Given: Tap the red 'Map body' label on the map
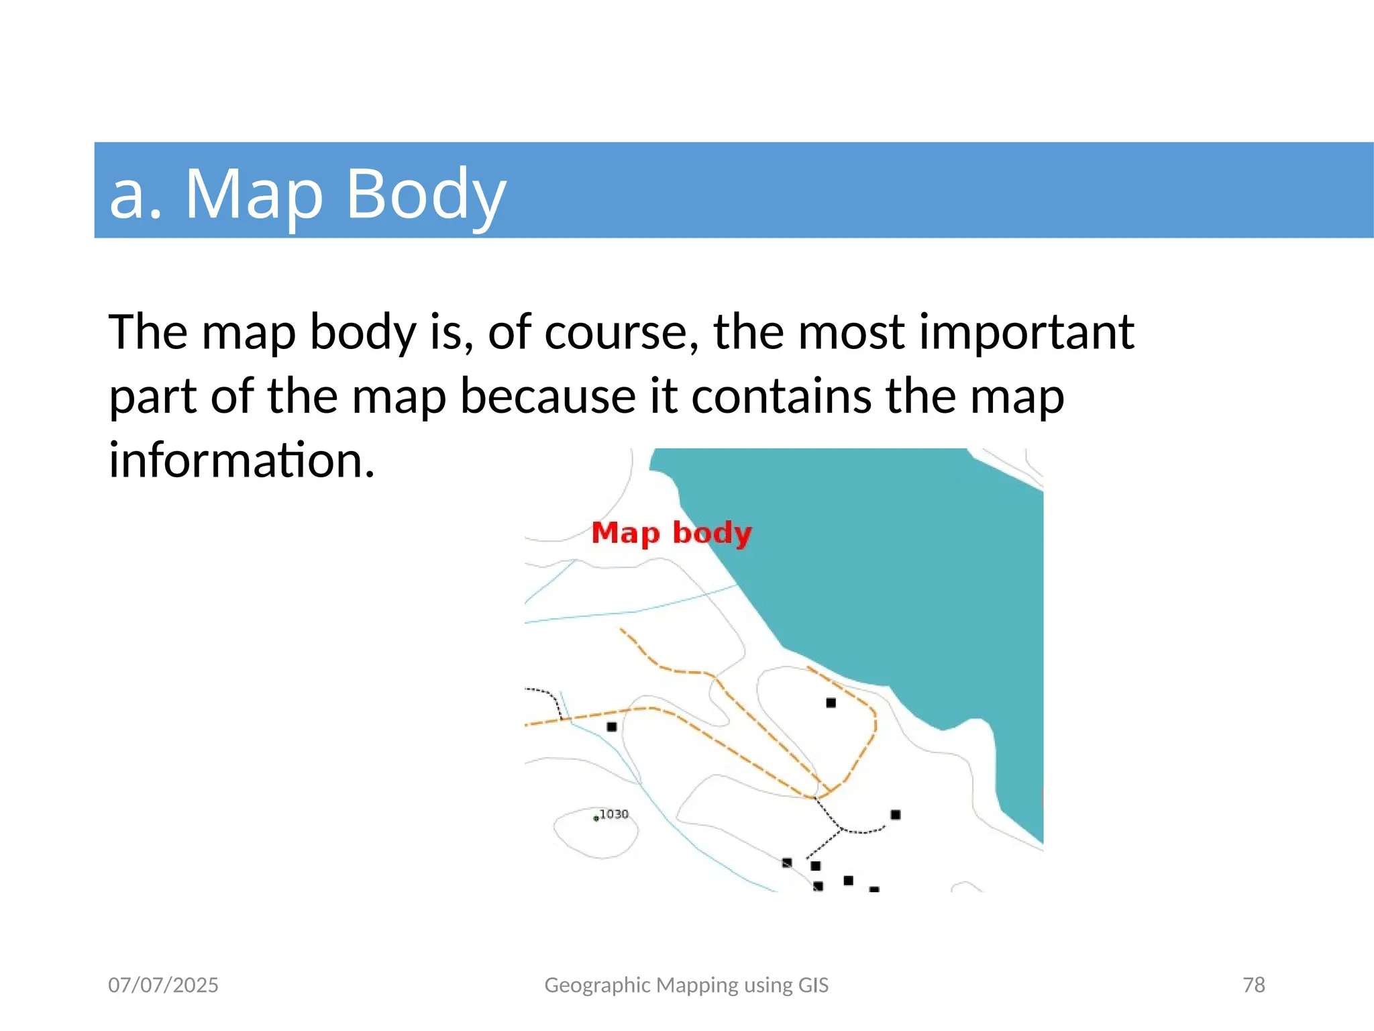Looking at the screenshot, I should coord(671,534).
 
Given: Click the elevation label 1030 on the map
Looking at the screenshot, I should coord(613,814).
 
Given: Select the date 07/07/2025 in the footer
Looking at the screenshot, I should coord(163,985).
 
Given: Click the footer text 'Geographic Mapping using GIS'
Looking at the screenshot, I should coord(686,985).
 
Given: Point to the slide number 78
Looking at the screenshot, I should coord(1253,985).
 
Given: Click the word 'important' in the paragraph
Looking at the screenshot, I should coord(1026,332).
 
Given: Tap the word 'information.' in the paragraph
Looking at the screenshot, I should coord(242,460).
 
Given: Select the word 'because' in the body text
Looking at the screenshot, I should coord(547,396).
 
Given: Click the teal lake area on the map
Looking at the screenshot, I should coord(906,571).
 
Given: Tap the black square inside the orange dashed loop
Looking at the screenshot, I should coord(831,703).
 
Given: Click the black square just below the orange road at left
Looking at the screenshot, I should coord(612,727).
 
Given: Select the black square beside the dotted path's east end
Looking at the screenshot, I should coord(895,815).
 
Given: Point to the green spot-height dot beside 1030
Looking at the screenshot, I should coord(596,819).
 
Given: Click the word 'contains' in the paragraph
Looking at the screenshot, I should coord(782,396).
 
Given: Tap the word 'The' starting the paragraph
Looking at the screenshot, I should coord(148,332).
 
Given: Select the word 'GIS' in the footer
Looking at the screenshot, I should coord(813,985).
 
